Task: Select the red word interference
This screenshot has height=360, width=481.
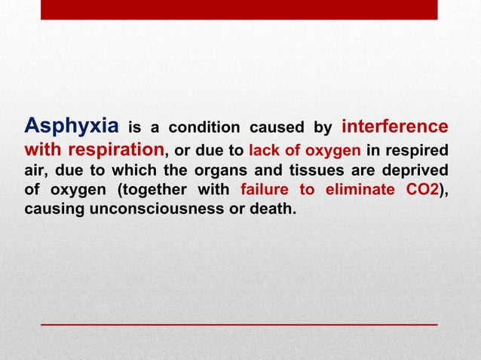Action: coord(395,125)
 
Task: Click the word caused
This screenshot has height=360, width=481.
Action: coord(270,127)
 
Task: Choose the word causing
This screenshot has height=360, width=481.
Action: coord(54,209)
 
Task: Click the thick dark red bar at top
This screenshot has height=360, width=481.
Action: coord(239,10)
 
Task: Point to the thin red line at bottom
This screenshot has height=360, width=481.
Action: coord(239,323)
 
